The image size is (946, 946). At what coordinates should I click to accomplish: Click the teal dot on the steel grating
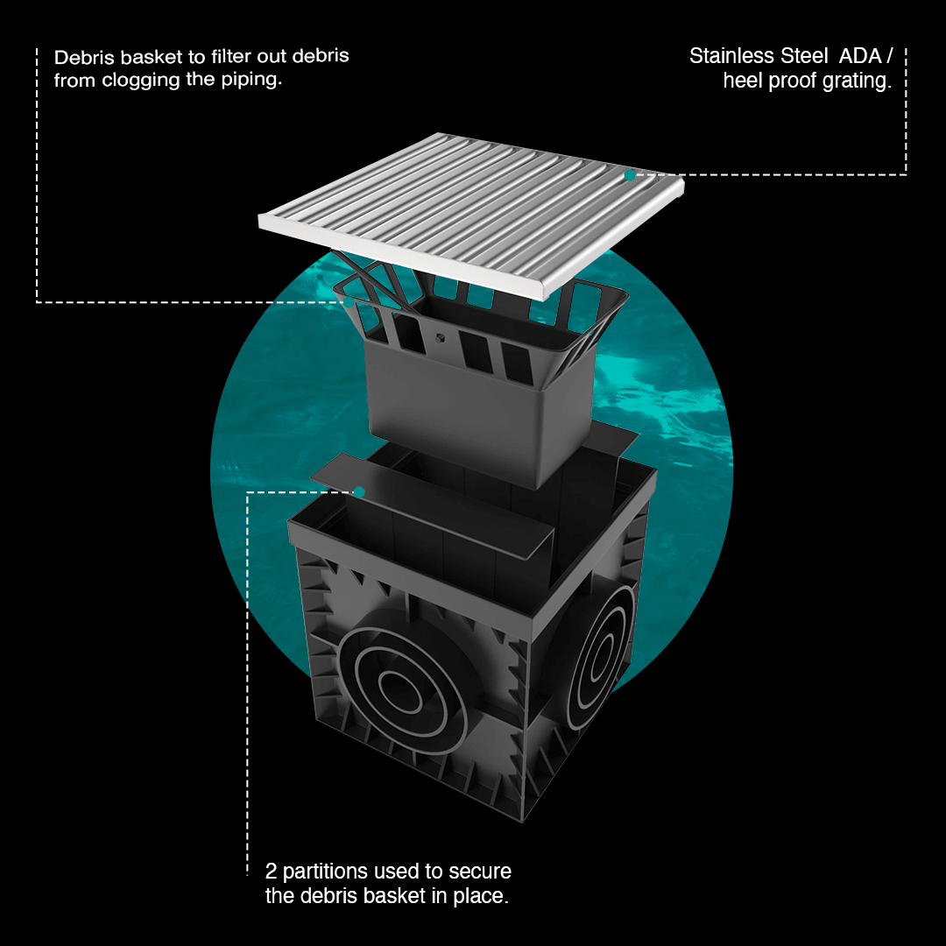[x=630, y=175]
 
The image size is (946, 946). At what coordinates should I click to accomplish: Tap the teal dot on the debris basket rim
[x=349, y=301]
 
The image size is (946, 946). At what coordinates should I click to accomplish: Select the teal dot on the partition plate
[x=359, y=492]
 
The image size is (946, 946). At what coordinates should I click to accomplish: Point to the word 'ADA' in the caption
[x=860, y=56]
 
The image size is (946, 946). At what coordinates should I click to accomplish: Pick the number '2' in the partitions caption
[x=271, y=872]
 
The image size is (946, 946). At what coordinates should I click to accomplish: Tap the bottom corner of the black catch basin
[x=522, y=822]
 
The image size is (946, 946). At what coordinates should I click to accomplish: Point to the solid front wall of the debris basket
[x=453, y=416]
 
